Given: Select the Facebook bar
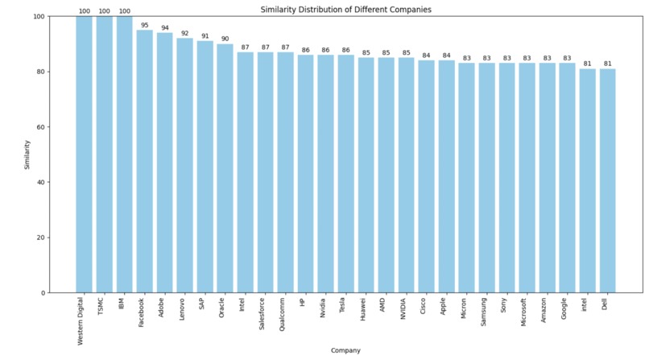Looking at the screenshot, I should point(145,161).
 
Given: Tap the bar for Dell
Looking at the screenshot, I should point(608,180).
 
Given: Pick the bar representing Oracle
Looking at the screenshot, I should point(225,168).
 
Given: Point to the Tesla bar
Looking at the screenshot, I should point(346,173).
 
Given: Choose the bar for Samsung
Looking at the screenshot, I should point(487,178).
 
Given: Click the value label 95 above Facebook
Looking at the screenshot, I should point(145,25).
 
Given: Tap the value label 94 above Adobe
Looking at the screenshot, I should point(165,28).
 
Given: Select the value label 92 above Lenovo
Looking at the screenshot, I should point(185,34).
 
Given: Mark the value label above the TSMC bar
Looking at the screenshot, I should point(105,11).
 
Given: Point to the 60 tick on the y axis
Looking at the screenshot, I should point(40,127).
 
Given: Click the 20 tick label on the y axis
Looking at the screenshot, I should point(40,238).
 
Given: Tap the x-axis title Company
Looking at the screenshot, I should point(345,350).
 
